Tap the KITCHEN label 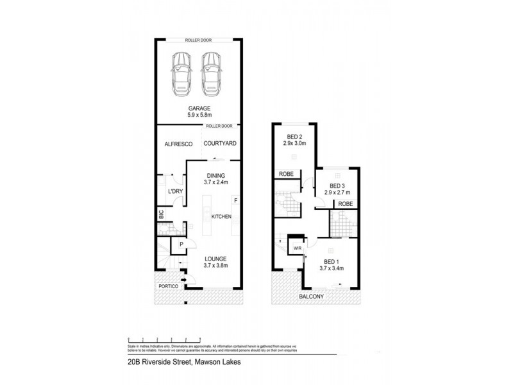[221, 217]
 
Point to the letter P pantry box [181, 244]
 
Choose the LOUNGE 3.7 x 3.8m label [216, 262]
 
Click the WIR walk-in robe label [298, 247]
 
